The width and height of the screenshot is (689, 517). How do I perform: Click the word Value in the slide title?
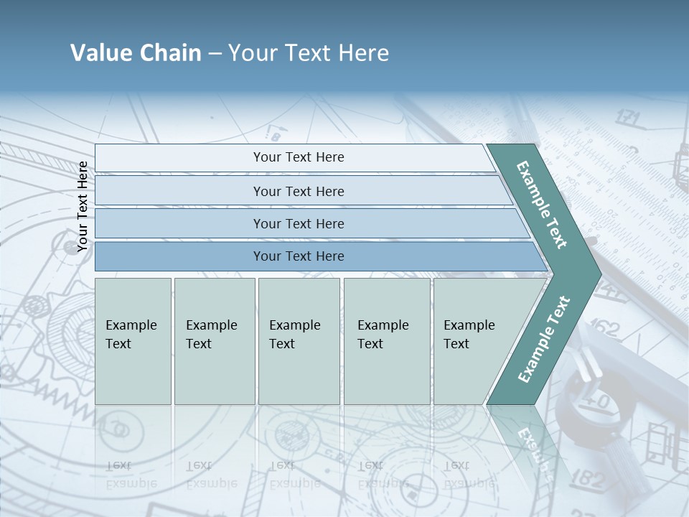100,53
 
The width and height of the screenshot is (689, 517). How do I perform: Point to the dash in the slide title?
215,54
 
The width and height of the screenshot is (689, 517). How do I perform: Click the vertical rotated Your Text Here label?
83,207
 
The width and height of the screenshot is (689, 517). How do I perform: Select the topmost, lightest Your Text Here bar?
298,157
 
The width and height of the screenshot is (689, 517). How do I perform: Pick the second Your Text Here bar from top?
298,191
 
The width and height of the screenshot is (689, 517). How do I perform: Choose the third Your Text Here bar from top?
298,223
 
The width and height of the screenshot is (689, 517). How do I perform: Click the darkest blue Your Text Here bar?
298,256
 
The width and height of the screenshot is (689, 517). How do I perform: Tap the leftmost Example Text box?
133,340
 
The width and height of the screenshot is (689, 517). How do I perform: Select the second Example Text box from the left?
214,340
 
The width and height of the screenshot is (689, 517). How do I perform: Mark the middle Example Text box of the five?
299,340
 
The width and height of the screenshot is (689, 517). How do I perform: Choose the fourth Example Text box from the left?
386,340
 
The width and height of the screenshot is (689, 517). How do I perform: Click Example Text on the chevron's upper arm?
543,205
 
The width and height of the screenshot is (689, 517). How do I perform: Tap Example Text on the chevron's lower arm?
544,339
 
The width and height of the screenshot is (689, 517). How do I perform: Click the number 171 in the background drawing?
627,118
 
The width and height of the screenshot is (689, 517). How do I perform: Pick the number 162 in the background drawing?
604,330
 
